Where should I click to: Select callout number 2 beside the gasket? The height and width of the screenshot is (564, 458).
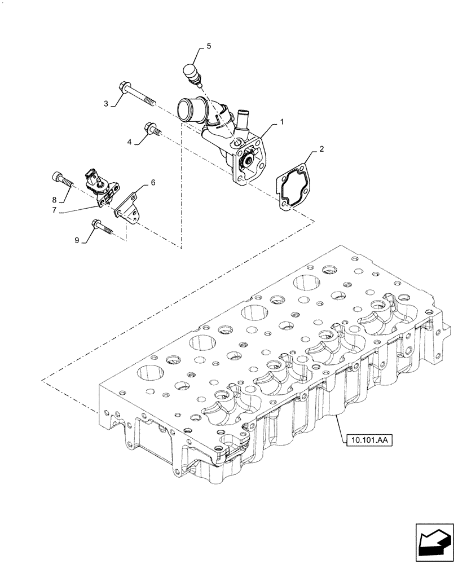point(322,150)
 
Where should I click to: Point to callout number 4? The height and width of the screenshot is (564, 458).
point(129,143)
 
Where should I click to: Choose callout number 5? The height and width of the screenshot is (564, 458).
point(208,46)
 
